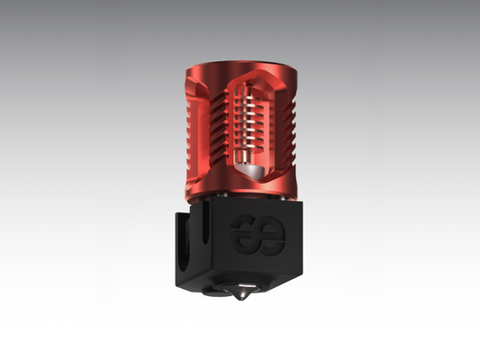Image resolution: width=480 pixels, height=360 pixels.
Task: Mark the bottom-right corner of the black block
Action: pos(303,273)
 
